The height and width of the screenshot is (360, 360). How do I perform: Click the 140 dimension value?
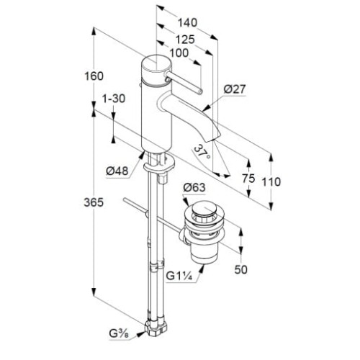(x=187, y=22)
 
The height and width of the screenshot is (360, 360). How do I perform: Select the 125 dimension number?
(x=185, y=40)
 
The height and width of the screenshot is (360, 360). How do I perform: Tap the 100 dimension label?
(x=179, y=53)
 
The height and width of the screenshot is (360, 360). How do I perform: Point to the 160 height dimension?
(x=94, y=76)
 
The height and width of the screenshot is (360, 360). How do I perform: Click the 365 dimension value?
(x=94, y=202)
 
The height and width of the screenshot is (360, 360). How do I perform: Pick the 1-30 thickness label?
(x=114, y=99)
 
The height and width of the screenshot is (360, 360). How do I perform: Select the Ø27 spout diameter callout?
(x=235, y=89)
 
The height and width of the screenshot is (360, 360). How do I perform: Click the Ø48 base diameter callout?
(x=117, y=171)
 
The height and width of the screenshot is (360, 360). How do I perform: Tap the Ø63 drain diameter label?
(x=194, y=187)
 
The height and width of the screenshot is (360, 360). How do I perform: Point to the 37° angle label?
(x=202, y=152)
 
